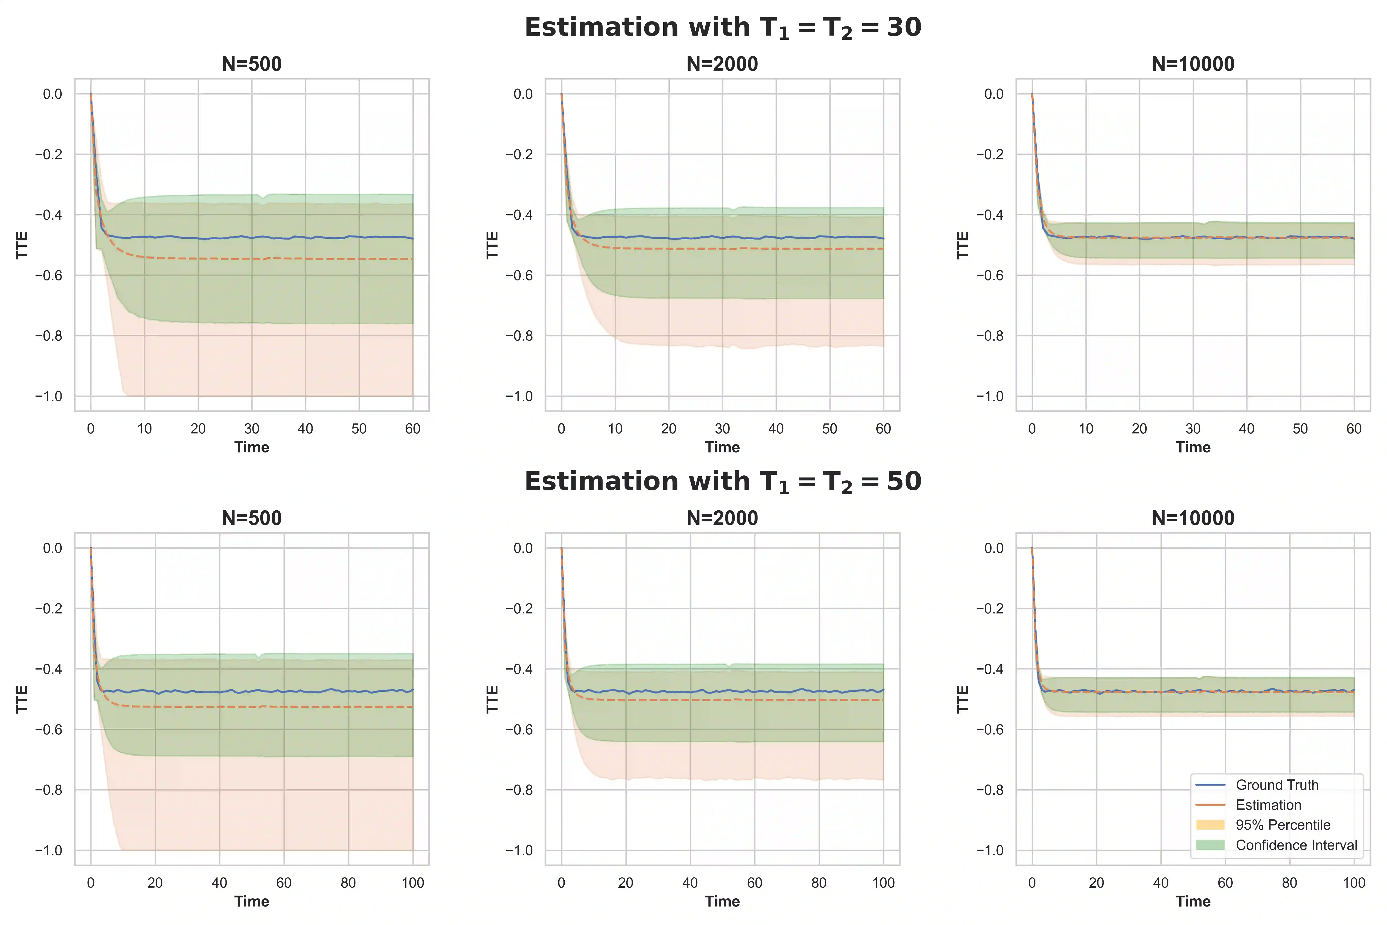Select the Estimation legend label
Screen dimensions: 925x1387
pyautogui.click(x=1268, y=805)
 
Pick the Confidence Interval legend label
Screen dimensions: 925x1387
pyautogui.click(x=1296, y=845)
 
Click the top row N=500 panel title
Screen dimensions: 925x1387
pyautogui.click(x=252, y=64)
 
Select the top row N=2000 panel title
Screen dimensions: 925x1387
pyautogui.click(x=722, y=64)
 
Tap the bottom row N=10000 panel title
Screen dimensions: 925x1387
pyautogui.click(x=1193, y=518)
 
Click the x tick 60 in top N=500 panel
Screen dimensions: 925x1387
pyautogui.click(x=413, y=429)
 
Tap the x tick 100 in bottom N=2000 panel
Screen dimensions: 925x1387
pyautogui.click(x=883, y=883)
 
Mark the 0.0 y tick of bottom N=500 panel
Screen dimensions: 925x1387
pyautogui.click(x=53, y=548)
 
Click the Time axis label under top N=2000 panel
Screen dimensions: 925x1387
pyautogui.click(x=722, y=447)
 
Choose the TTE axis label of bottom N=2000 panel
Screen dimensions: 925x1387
pyautogui.click(x=492, y=699)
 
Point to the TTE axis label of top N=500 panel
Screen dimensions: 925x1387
pyautogui.click(x=22, y=245)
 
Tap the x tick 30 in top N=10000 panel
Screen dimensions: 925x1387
pyautogui.click(x=1193, y=429)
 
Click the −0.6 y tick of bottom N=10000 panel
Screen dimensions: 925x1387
pyautogui.click(x=990, y=730)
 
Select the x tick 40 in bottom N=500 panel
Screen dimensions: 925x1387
pyautogui.click(x=219, y=883)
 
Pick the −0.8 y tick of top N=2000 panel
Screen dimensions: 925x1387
pyautogui.click(x=519, y=336)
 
